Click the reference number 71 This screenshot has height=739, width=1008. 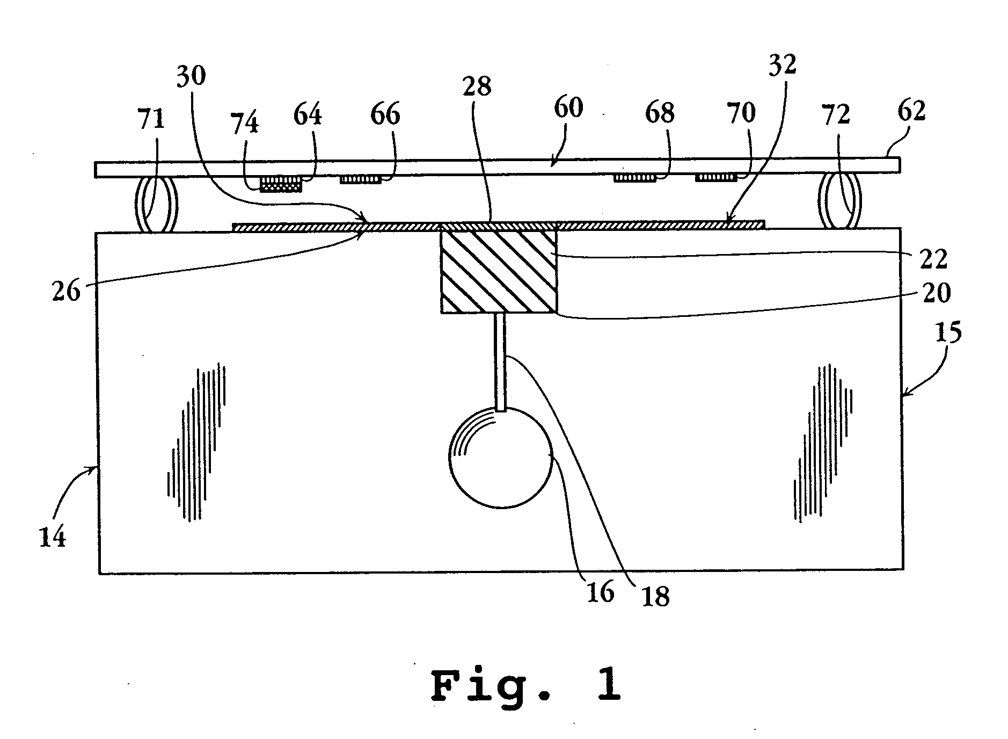151,120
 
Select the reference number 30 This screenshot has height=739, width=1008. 191,76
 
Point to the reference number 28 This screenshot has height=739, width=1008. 477,86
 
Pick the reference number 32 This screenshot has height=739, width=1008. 782,64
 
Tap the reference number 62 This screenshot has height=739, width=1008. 911,111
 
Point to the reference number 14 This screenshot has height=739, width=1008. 53,536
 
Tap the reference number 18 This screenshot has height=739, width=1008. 655,597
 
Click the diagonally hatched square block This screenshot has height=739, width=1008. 498,271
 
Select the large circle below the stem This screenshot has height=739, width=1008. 500,457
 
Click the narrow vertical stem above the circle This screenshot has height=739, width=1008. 500,361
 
